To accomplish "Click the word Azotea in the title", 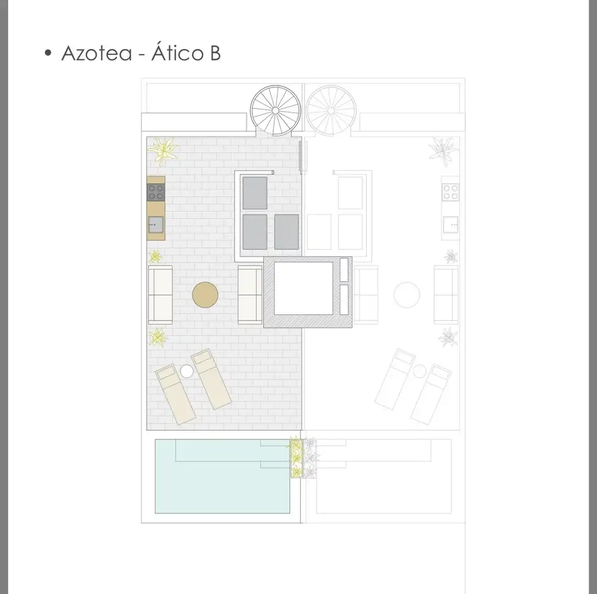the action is (97, 53).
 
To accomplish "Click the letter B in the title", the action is (215, 53).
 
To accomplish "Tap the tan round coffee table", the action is (205, 294).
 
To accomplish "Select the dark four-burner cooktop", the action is (156, 192).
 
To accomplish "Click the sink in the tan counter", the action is (156, 225).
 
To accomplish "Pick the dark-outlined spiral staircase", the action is (275, 111).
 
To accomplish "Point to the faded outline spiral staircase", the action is (331, 111).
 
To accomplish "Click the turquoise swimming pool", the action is (222, 476).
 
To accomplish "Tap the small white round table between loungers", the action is (186, 371).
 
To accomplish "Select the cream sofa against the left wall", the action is (161, 294).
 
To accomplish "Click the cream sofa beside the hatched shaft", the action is (250, 294).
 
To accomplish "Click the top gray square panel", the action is (255, 193).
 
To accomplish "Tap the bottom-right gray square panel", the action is (286, 232).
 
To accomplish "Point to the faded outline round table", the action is (407, 294).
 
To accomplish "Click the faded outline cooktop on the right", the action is (450, 192).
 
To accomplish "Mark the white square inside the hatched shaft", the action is (303, 288).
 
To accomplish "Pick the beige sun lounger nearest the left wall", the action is (175, 394).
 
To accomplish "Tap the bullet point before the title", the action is (48, 53).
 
